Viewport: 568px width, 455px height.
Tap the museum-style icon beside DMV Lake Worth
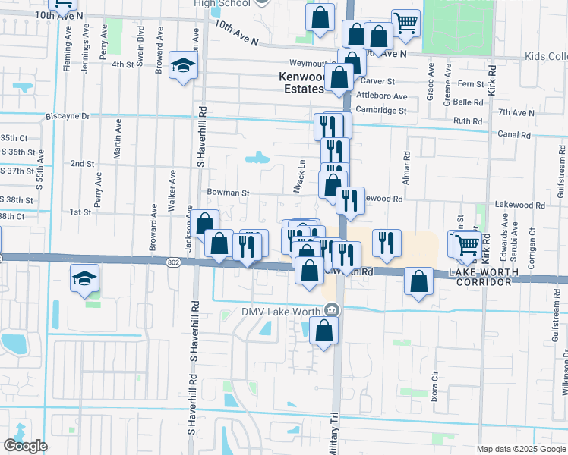point(331,309)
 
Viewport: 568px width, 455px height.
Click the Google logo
point(26,446)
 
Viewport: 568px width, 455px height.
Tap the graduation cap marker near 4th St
point(183,67)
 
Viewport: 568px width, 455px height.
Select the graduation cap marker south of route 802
point(84,278)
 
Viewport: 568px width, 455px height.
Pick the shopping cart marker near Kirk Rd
point(467,244)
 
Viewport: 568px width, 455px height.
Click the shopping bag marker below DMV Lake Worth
point(323,331)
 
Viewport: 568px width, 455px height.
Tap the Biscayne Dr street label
point(68,116)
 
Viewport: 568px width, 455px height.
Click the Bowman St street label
point(228,193)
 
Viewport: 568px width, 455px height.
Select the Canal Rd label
point(515,135)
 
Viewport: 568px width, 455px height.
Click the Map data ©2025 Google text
point(519,449)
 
